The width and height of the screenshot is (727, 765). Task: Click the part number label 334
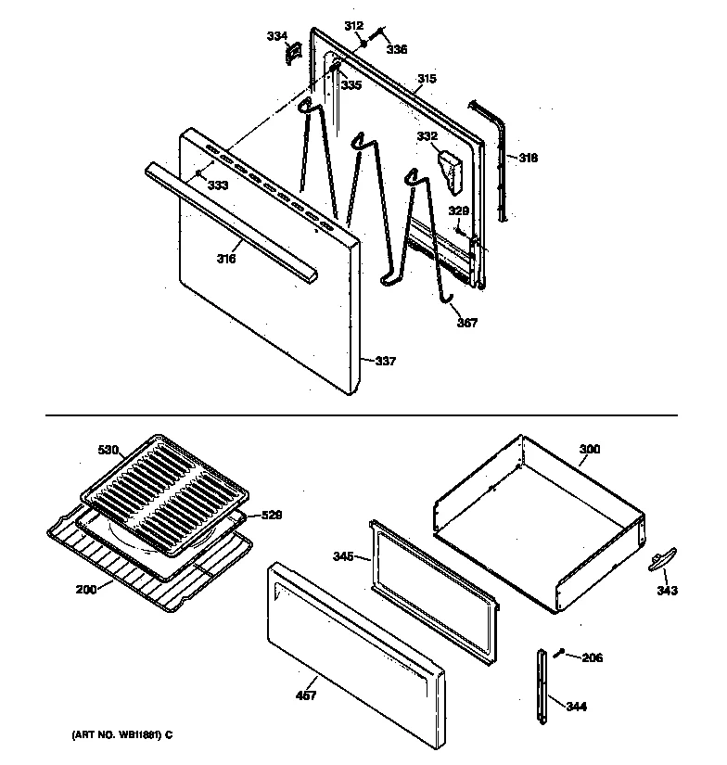click(x=277, y=36)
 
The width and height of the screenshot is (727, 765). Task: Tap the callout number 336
click(x=397, y=49)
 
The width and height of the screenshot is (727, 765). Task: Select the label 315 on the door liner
click(x=426, y=79)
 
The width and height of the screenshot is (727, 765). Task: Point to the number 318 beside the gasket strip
click(x=527, y=158)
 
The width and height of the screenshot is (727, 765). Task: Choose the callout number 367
click(x=466, y=323)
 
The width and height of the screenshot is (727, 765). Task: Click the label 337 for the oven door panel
click(x=386, y=361)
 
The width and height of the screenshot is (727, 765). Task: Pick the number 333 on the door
click(x=217, y=185)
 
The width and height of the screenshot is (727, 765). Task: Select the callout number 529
click(x=271, y=515)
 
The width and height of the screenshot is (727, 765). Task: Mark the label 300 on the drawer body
click(x=589, y=450)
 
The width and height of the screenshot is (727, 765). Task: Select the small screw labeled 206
click(x=558, y=655)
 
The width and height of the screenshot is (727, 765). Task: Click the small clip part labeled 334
click(x=292, y=54)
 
